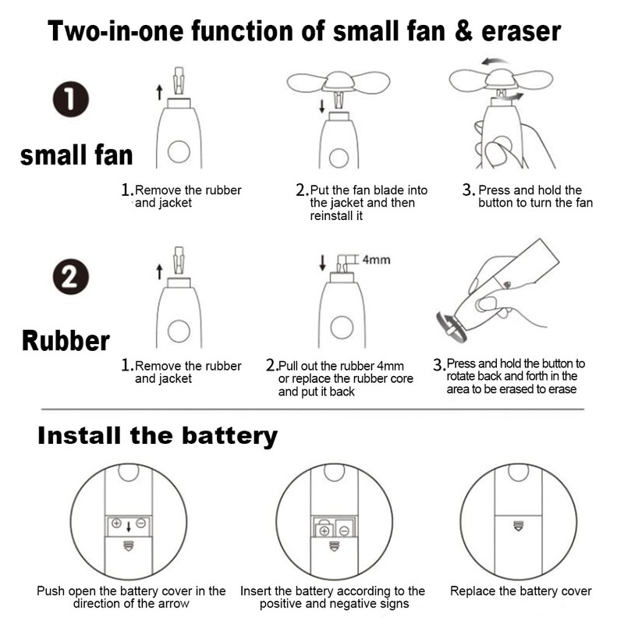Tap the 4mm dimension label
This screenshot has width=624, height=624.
[377, 261]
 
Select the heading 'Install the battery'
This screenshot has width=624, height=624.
[158, 435]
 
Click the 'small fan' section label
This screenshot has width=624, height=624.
[76, 154]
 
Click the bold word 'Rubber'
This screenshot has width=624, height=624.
[66, 341]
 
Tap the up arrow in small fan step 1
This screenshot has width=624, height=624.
[159, 93]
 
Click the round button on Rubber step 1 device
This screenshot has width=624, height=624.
[179, 330]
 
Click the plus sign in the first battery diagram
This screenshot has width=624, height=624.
[117, 523]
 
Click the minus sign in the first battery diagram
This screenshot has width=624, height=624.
[140, 523]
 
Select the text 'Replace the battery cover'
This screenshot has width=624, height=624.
[520, 591]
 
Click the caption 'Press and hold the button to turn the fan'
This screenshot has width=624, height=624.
[535, 197]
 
